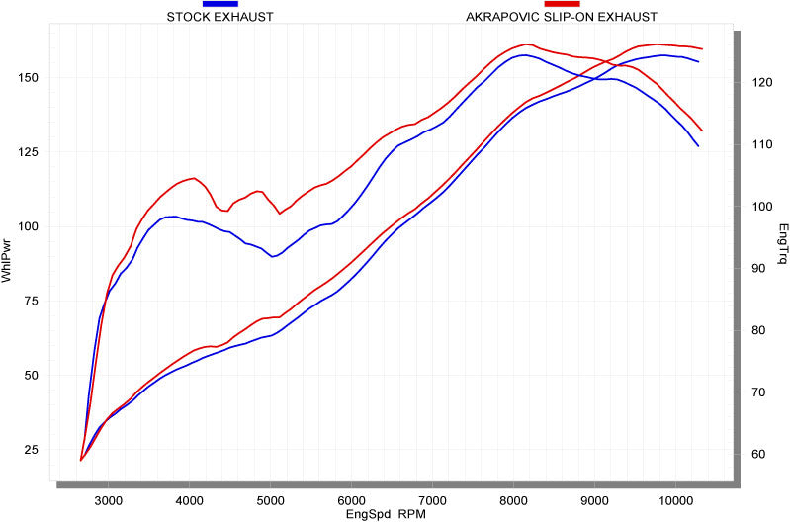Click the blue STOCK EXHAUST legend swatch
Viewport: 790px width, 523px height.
point(220,5)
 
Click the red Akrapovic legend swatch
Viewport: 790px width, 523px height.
point(562,5)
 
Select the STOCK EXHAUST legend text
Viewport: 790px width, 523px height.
point(219,17)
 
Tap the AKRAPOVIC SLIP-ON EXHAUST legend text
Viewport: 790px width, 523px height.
point(561,17)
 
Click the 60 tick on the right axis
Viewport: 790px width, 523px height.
point(759,455)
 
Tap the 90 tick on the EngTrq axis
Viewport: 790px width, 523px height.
point(759,269)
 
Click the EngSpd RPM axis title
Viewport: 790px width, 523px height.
point(390,514)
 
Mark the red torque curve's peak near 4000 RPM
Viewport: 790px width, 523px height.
point(194,178)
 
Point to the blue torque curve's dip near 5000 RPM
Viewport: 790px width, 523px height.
point(273,256)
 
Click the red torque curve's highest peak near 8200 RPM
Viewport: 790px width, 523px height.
point(526,44)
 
